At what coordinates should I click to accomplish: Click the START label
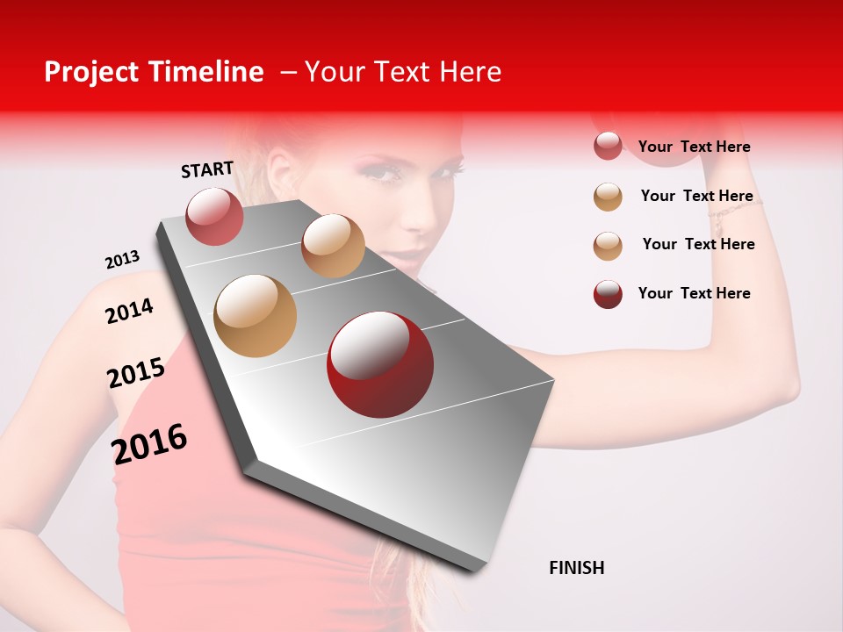pyautogui.click(x=207, y=169)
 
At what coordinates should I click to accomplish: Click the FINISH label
pyautogui.click(x=576, y=568)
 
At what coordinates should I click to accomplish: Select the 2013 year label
pyautogui.click(x=122, y=260)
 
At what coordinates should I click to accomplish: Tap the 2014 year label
pyautogui.click(x=129, y=311)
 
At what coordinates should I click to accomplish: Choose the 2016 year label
pyautogui.click(x=149, y=443)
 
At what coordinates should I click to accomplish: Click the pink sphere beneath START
pyautogui.click(x=214, y=216)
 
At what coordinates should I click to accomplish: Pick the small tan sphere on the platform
pyautogui.click(x=333, y=246)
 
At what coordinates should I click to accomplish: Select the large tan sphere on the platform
pyautogui.click(x=256, y=316)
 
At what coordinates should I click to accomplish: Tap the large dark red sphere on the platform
pyautogui.click(x=379, y=364)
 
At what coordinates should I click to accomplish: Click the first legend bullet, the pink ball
pyautogui.click(x=608, y=146)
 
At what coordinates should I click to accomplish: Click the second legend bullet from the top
pyautogui.click(x=608, y=197)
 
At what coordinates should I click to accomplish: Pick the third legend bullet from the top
pyautogui.click(x=608, y=246)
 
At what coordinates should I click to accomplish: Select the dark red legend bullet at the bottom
pyautogui.click(x=608, y=294)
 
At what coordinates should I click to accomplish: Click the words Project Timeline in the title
pyautogui.click(x=154, y=72)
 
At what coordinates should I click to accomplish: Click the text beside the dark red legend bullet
pyautogui.click(x=694, y=293)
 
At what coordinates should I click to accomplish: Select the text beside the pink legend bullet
pyautogui.click(x=694, y=147)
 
